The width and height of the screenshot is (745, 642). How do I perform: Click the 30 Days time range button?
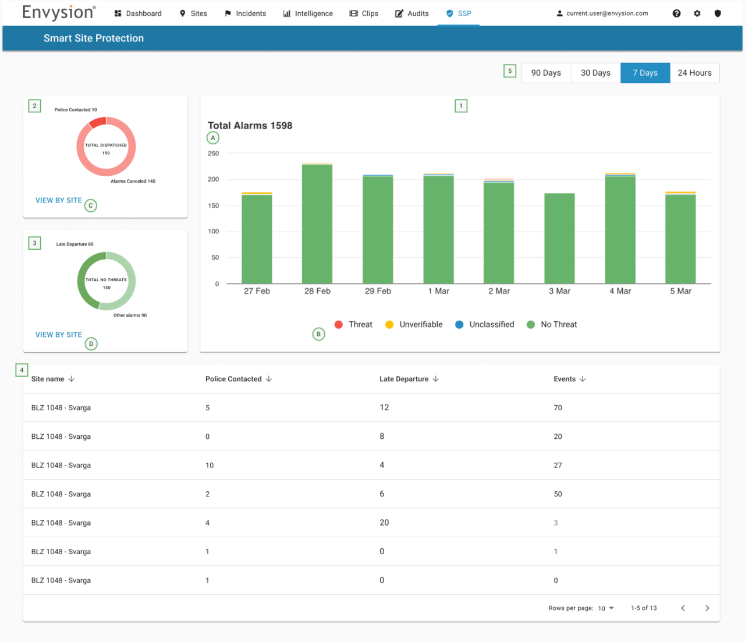click(x=595, y=73)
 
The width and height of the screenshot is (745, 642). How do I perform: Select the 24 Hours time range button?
click(x=694, y=73)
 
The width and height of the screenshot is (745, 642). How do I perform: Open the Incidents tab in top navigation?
click(x=245, y=13)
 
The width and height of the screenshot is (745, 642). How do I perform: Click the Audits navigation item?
click(x=412, y=13)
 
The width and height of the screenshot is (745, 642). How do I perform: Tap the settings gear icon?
click(x=697, y=13)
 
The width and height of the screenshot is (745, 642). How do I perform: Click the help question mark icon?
click(x=676, y=13)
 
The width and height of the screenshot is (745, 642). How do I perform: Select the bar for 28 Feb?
click(x=317, y=224)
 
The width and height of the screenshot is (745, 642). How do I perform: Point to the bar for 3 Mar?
click(x=559, y=239)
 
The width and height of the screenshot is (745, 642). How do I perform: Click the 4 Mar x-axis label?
click(x=620, y=291)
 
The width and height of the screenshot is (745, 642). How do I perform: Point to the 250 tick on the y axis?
click(x=214, y=154)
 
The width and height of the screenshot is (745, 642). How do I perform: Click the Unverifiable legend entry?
click(x=414, y=325)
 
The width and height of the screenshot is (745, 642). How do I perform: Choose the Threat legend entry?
click(x=353, y=325)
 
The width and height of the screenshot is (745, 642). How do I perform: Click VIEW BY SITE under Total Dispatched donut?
click(x=59, y=200)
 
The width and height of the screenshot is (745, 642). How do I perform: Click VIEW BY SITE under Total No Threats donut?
click(x=59, y=335)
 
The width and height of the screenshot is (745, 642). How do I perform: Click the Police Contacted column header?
click(x=233, y=379)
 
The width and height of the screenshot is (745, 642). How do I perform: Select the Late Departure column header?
click(x=404, y=379)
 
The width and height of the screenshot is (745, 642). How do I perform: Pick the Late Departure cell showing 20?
click(x=384, y=523)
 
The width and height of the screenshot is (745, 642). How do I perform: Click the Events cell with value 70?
click(x=558, y=408)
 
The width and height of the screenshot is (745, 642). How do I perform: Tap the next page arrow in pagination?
click(x=707, y=608)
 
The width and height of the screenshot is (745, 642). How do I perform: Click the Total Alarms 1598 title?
click(x=250, y=126)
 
